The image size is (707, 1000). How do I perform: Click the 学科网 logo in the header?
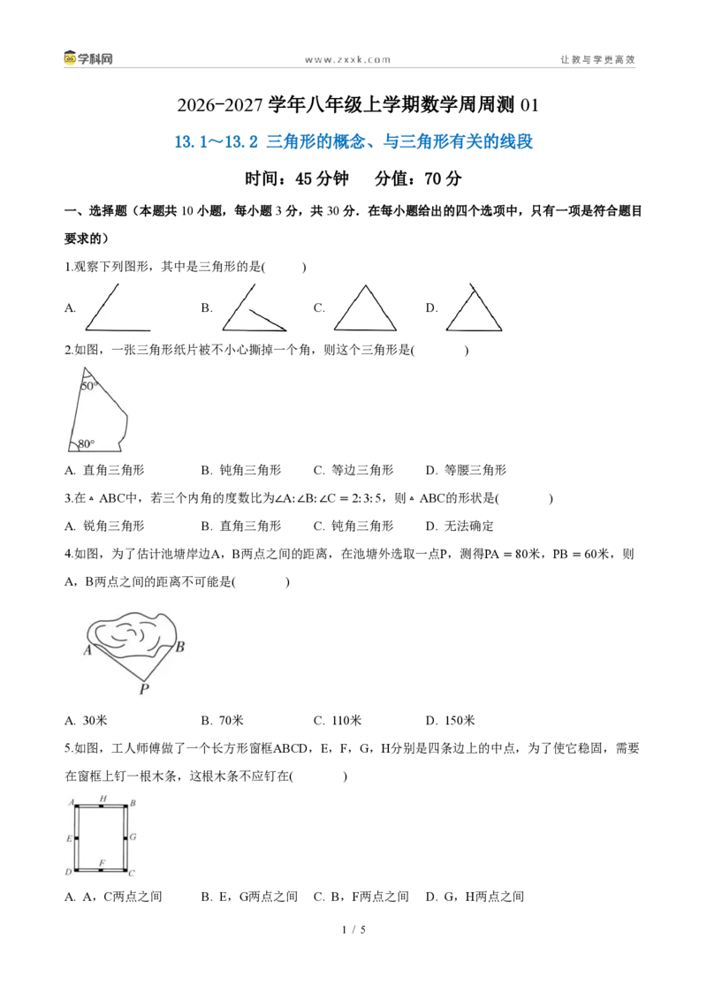[88, 58]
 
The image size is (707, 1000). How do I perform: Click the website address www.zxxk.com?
[348, 60]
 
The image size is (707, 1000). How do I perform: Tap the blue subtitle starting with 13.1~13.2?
[353, 141]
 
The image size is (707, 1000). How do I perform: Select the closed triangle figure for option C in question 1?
[365, 308]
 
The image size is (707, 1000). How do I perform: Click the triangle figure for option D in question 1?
[474, 307]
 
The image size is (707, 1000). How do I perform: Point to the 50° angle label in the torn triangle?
[89, 386]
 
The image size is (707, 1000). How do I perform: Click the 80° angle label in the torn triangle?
[86, 443]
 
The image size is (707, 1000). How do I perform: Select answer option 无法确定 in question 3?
[469, 527]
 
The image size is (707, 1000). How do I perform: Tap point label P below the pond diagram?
[144, 689]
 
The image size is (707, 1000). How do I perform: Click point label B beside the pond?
[180, 647]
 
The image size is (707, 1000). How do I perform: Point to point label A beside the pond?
[87, 650]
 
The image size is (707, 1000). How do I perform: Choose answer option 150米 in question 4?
[460, 721]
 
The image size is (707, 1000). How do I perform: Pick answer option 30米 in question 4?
[95, 721]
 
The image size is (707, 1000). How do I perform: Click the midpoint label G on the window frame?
[133, 837]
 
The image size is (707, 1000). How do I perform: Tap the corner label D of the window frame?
[69, 872]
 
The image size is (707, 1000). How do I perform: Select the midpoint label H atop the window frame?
[103, 799]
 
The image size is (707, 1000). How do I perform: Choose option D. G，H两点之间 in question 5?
[475, 897]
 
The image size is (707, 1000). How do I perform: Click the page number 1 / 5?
[354, 930]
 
